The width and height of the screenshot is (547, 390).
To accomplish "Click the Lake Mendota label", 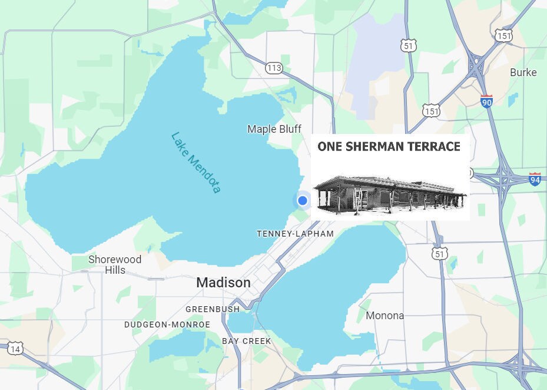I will (x=195, y=162).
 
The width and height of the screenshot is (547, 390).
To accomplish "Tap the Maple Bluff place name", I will (x=274, y=129).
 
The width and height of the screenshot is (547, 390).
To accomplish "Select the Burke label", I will (x=523, y=72).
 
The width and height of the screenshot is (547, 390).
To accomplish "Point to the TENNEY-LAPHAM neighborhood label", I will (x=295, y=234).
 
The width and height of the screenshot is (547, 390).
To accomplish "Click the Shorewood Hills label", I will (x=115, y=264).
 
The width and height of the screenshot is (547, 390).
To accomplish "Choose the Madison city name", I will (x=223, y=283).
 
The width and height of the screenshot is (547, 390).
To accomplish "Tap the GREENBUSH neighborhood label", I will (x=213, y=309).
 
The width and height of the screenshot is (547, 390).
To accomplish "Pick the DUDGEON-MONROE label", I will (x=167, y=325).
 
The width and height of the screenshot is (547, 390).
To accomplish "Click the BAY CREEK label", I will (x=247, y=341).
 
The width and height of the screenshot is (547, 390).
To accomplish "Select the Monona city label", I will (x=385, y=315).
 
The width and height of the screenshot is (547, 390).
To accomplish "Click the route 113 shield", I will (x=274, y=68).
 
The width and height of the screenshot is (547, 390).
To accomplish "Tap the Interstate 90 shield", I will (x=486, y=100).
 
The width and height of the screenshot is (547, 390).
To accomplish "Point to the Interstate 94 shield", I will (x=535, y=179).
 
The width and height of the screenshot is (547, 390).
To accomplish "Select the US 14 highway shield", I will (x=15, y=349).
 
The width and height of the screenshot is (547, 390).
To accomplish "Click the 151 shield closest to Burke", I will (x=503, y=35).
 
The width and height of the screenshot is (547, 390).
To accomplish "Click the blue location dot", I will (x=303, y=201).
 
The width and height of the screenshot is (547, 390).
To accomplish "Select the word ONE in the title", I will (x=331, y=147).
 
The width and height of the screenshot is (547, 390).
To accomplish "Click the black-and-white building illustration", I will (x=390, y=194).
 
